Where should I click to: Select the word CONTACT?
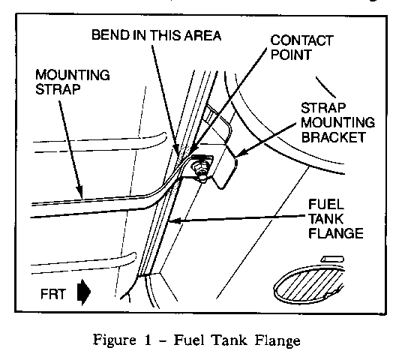click(x=301, y=40)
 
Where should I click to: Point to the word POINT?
click(x=291, y=55)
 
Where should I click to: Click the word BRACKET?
click(x=334, y=137)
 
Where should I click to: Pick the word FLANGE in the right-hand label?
click(x=336, y=233)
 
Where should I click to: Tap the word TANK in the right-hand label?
click(x=325, y=219)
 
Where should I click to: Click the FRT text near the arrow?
click(x=53, y=294)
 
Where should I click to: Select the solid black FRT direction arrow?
click(x=83, y=292)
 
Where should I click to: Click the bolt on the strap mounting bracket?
click(x=199, y=169)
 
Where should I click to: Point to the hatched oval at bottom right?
click(x=309, y=283)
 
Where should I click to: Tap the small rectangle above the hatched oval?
click(x=332, y=259)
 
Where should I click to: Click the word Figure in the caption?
click(x=115, y=340)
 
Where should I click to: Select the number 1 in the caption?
click(x=148, y=340)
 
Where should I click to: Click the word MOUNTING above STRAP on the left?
click(x=73, y=75)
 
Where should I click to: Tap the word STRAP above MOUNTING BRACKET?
click(x=323, y=108)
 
